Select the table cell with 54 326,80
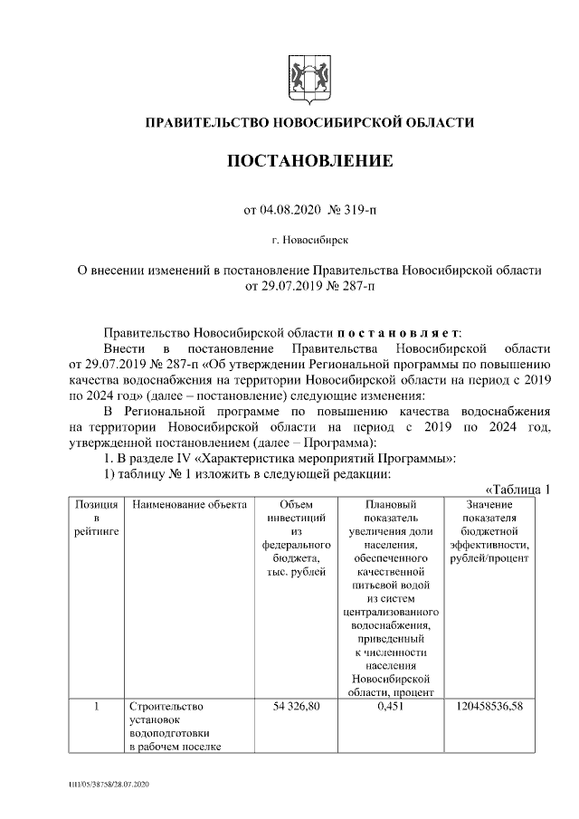[x=295, y=706]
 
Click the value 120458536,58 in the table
[x=489, y=706]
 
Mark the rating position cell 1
[x=97, y=706]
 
